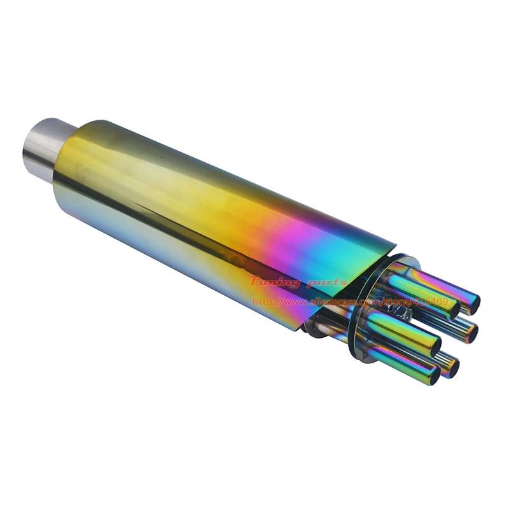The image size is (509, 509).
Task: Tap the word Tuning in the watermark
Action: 274,281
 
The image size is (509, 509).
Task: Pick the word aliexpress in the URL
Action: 335,301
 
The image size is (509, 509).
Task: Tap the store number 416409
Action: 433,301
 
